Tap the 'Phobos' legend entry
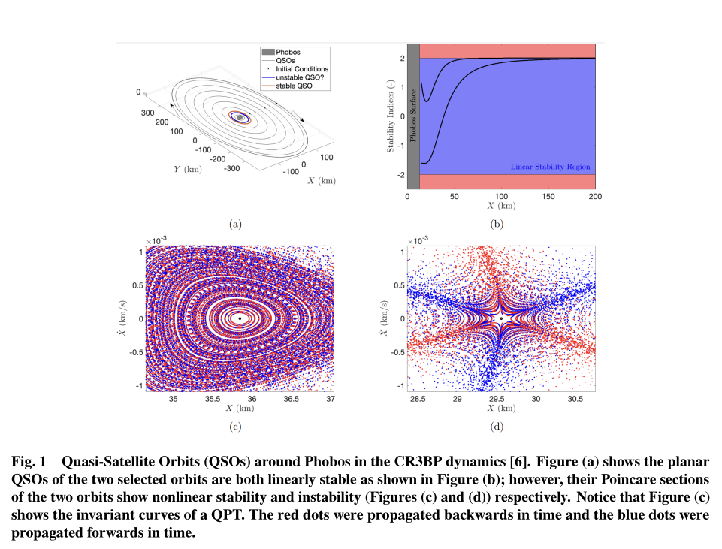[x=288, y=52]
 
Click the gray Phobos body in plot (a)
[x=240, y=117]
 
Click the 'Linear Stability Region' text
[x=550, y=167]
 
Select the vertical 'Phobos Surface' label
[x=412, y=117]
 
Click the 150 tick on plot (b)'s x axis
[x=548, y=197]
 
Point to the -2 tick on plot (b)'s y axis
[x=401, y=175]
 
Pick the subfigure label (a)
[x=235, y=223]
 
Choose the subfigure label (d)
[x=497, y=427]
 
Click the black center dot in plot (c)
[x=240, y=318]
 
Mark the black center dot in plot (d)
[x=501, y=318]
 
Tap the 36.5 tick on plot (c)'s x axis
[x=292, y=399]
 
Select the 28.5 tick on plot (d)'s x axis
[x=418, y=399]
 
